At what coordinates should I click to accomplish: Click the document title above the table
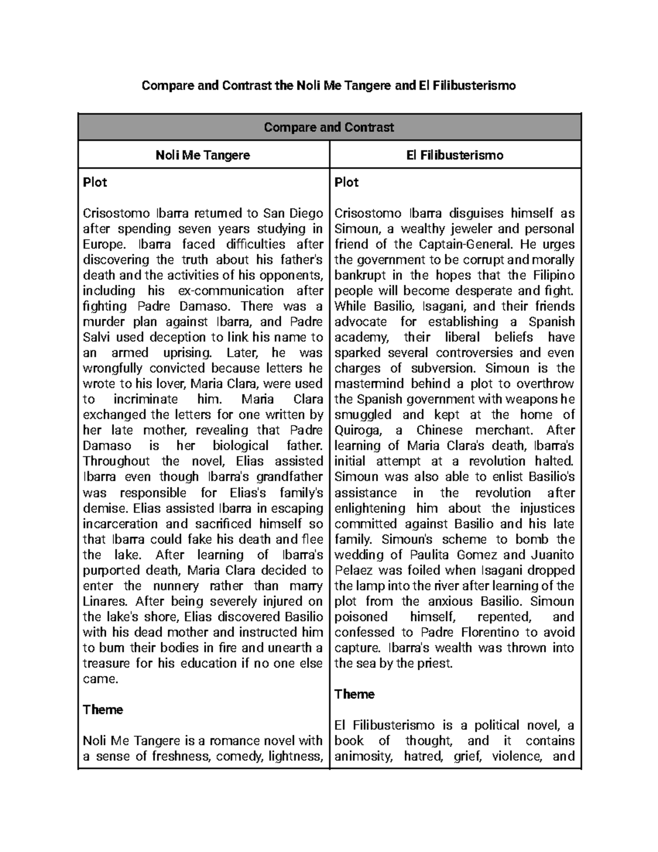pos(328,86)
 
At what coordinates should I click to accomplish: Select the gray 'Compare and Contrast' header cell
pos(329,127)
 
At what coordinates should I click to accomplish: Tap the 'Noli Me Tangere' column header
pos(203,155)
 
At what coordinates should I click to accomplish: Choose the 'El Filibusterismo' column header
pos(455,155)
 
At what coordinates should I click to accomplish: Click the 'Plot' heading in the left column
pos(95,183)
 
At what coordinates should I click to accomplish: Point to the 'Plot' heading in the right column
pos(347,183)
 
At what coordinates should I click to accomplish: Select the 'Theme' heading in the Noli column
pos(103,710)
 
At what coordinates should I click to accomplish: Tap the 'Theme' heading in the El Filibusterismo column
pos(354,695)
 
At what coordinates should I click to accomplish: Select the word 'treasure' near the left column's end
pos(106,663)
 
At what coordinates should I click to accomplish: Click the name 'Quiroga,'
pos(356,431)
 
